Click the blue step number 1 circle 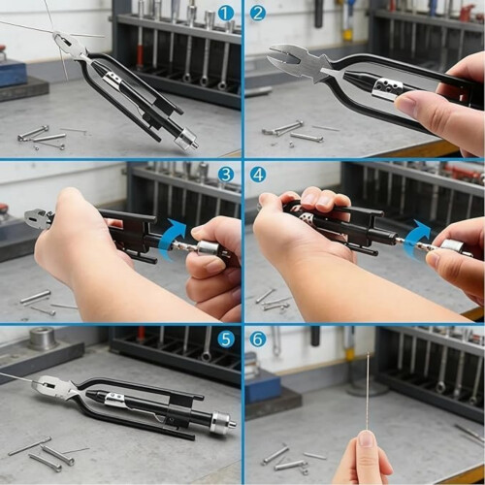(226, 14)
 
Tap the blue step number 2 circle (258, 14)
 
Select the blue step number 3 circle (226, 175)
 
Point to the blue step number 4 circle (258, 175)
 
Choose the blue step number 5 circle (226, 339)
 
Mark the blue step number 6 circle (258, 339)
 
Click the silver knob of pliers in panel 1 (186, 141)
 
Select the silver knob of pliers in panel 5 (222, 421)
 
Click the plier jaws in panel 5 (55, 386)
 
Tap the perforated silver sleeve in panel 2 (387, 89)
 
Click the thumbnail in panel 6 (368, 439)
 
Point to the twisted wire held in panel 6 (369, 392)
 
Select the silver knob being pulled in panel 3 (208, 250)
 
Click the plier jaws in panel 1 (71, 46)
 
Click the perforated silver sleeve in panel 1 (113, 81)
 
